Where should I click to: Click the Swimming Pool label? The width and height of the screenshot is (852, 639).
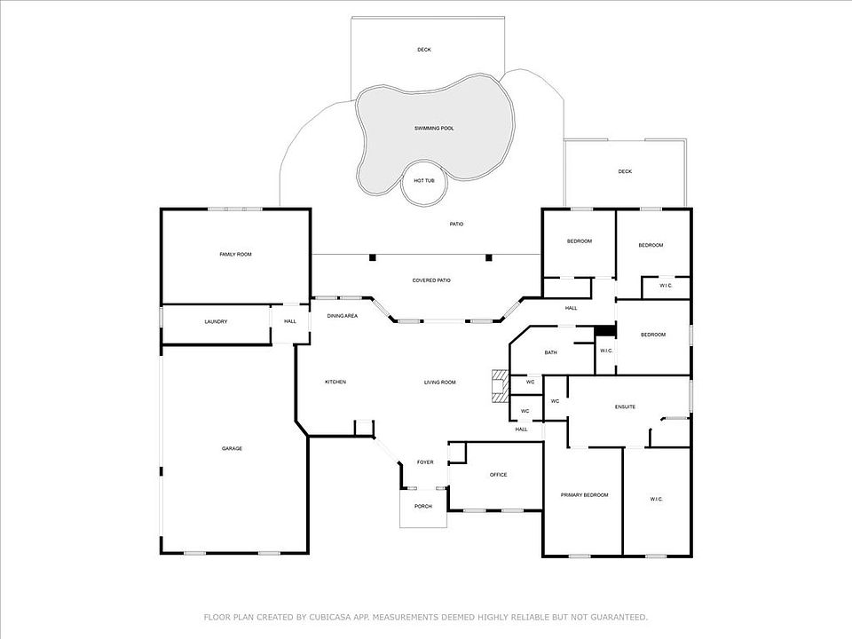pos(434,128)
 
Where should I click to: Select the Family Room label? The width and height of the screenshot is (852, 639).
pos(235,255)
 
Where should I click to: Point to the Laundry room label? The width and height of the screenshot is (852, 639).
pos(216,321)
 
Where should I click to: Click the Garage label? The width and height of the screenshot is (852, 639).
pos(232,448)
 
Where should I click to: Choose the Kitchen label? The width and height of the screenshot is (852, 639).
pos(335,382)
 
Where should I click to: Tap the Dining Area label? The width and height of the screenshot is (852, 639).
pos(343,316)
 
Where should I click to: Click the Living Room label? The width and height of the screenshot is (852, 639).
pos(439,383)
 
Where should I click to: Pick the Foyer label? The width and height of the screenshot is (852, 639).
pos(425,462)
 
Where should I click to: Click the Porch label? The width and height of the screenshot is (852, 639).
pos(422,507)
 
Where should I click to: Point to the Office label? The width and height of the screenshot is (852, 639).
pos(498,475)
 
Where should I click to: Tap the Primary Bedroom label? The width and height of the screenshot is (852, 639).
pos(584,495)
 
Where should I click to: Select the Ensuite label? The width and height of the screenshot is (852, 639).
pos(625,407)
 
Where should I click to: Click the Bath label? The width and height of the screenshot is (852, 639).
pos(550,352)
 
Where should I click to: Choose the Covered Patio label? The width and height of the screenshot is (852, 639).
pos(431,280)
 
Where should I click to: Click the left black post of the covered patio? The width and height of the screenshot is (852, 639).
pos(372,257)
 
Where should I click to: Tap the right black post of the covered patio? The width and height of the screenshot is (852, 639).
pos(488,257)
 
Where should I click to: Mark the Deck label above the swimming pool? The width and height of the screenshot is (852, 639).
pos(424,50)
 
